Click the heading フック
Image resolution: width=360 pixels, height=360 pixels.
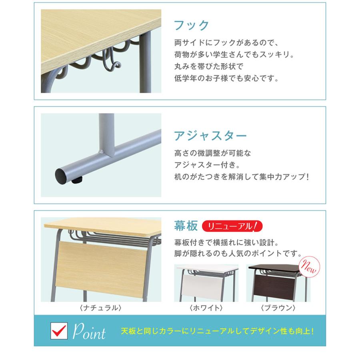point(192,26)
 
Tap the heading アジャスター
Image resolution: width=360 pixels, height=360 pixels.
point(210,136)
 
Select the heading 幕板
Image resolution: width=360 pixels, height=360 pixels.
point(186,226)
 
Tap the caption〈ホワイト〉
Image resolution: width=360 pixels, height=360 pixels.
point(206,308)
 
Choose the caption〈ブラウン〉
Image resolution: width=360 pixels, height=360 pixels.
point(278,308)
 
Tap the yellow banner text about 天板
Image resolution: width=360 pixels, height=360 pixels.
point(217,332)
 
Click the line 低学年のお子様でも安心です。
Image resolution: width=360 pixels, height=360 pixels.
point(226,78)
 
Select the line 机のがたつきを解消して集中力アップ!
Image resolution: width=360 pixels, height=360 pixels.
point(242,176)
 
